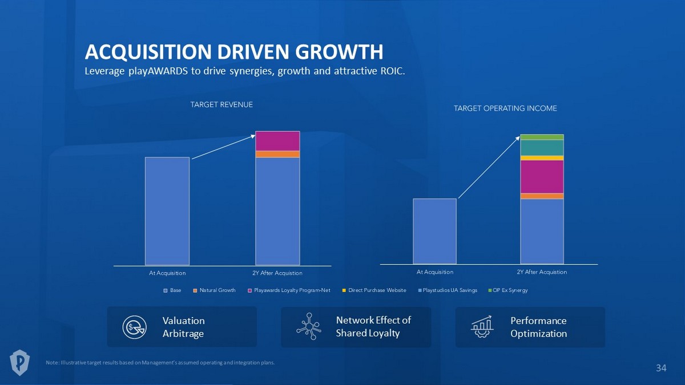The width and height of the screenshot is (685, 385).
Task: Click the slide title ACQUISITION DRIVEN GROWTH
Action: click(x=233, y=52)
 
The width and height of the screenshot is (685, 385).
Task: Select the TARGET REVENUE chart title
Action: click(x=221, y=105)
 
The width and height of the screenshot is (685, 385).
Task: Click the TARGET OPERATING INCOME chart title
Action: click(x=505, y=108)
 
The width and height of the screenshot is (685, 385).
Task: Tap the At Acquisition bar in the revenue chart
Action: click(x=167, y=211)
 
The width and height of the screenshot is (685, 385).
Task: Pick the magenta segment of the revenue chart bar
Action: click(x=277, y=141)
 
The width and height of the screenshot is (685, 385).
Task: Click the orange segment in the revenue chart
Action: click(x=277, y=154)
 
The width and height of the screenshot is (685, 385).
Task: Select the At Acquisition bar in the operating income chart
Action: click(x=434, y=231)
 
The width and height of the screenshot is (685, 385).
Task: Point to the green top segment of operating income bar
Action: click(x=542, y=137)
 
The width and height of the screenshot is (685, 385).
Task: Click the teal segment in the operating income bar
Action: click(x=542, y=148)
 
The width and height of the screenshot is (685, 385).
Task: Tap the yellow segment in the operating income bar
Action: click(x=542, y=158)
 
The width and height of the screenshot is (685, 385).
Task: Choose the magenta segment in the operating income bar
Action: click(x=542, y=177)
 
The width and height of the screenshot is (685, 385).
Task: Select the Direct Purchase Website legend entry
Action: click(x=374, y=290)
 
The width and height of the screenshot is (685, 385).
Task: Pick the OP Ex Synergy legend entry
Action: click(x=507, y=290)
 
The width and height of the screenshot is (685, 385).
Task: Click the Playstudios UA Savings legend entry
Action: click(x=447, y=290)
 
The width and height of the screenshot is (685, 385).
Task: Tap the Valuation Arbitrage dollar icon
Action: click(x=134, y=327)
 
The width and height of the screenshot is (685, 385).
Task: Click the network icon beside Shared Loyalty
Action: click(x=308, y=327)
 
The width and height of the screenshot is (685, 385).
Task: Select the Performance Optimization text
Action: click(x=538, y=327)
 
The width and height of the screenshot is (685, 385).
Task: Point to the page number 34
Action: click(x=660, y=368)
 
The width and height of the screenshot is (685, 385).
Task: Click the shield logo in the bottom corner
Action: click(x=21, y=363)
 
